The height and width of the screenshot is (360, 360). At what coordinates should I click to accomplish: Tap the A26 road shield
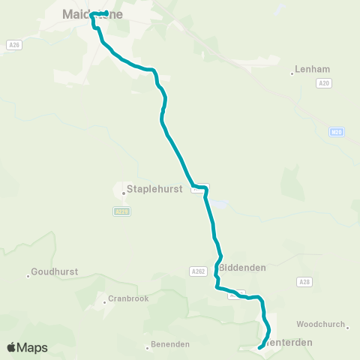point(13,45)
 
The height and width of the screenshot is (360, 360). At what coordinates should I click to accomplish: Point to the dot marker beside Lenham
point(292,73)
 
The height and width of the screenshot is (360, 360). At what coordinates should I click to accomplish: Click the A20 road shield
point(323,84)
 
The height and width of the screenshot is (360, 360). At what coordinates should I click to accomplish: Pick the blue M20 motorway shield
point(337,133)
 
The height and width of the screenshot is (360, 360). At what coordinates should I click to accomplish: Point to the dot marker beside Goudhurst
point(28,276)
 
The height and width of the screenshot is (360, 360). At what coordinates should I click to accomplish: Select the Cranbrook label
point(128,298)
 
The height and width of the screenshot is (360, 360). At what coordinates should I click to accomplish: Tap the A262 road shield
point(198,271)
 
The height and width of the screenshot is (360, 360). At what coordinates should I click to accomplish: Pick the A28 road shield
point(303,281)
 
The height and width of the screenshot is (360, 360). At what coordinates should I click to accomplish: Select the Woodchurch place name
point(320,324)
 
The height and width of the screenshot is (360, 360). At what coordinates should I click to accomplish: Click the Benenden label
point(171,344)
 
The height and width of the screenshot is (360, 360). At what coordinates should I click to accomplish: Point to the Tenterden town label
point(290,342)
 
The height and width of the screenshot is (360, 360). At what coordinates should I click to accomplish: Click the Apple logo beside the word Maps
point(12,347)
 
